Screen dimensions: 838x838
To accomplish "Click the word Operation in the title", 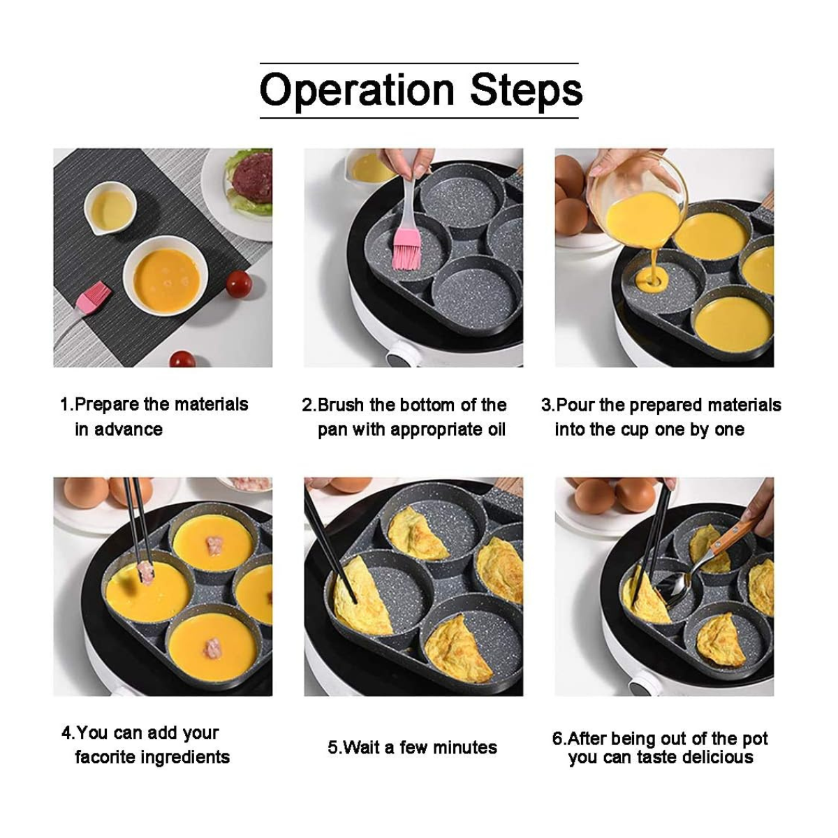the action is coord(357,91).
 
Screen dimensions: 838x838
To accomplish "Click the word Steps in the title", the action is coord(527,91).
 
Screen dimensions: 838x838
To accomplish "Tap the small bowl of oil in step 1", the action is coord(110,209).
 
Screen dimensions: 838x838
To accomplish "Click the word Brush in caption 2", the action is coord(340,405).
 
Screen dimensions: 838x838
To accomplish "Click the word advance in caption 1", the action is coord(128,429).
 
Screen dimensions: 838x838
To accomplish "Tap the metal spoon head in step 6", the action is coord(682,589).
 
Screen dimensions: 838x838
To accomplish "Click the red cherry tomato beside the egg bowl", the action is coord(239,284).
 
